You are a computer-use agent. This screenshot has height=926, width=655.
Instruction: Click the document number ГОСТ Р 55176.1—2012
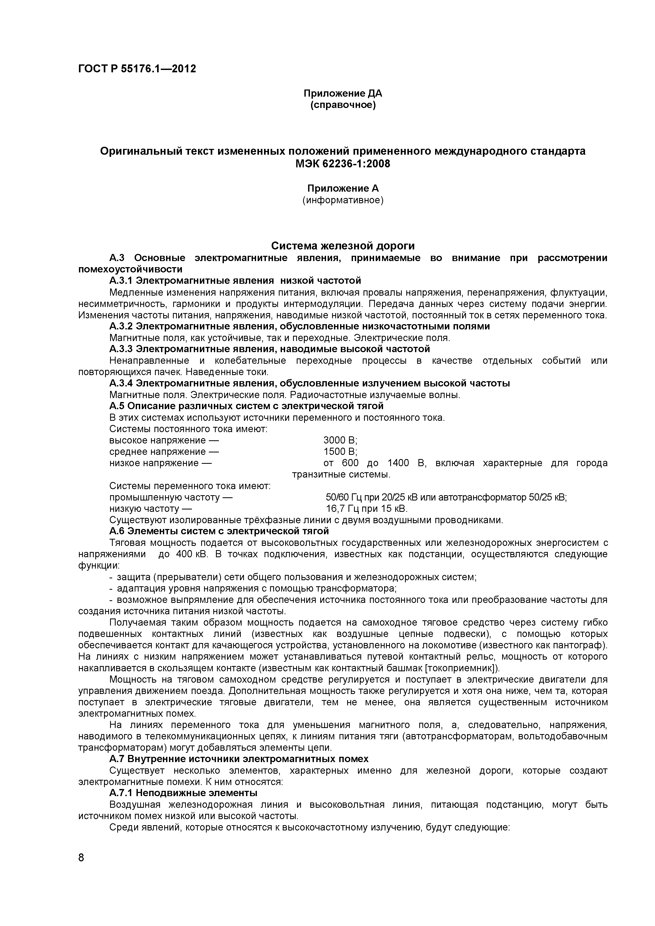click(x=137, y=69)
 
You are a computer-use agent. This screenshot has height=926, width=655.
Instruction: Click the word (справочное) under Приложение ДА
click(x=343, y=105)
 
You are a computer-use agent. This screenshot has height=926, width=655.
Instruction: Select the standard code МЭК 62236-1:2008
click(x=343, y=164)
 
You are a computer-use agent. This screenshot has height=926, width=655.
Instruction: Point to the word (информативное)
click(x=343, y=200)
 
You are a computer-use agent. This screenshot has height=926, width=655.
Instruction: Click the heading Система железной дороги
click(x=343, y=245)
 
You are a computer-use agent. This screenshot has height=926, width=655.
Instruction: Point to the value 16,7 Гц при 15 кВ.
click(x=367, y=509)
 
